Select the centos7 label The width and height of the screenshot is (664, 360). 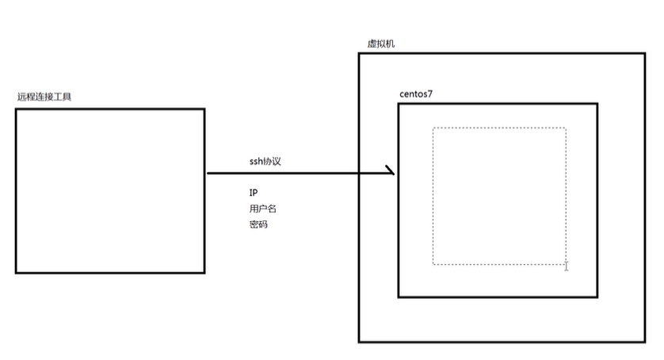416,94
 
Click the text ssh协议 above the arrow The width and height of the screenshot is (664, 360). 265,161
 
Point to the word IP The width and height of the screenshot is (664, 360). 253,193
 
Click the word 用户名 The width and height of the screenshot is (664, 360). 262,209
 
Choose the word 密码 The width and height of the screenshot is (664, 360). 258,224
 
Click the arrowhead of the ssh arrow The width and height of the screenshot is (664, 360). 391,171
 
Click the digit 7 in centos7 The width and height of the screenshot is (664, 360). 430,94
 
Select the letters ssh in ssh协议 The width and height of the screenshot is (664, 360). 256,161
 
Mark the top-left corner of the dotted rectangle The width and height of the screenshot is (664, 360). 433,128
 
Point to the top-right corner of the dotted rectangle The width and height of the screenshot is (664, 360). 566,128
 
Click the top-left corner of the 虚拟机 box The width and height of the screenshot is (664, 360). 360,54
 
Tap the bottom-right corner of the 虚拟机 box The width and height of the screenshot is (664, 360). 645,342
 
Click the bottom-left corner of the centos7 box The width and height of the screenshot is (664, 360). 399,297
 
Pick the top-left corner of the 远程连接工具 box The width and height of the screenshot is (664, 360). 16,109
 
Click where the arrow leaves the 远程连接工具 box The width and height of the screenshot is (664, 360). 207,172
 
